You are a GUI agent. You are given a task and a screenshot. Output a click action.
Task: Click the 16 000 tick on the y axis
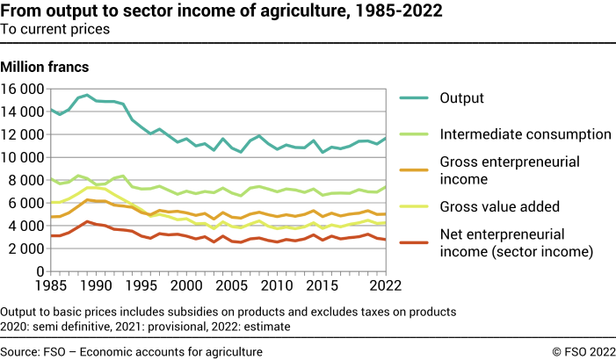[x=23, y=90]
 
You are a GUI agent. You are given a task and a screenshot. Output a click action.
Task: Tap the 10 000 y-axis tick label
[x=23, y=158]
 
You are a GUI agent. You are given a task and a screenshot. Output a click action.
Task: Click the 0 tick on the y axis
[x=40, y=271]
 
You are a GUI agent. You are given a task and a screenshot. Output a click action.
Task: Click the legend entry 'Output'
[x=462, y=97]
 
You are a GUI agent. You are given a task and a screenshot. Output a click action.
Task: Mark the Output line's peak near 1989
[x=87, y=95]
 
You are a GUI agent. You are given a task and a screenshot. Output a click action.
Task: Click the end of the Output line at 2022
[x=384, y=138]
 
